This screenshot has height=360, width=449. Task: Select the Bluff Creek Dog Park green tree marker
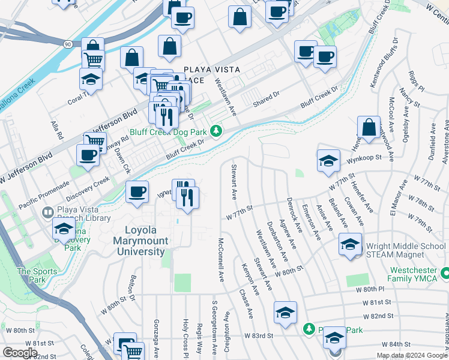click(x=220, y=131)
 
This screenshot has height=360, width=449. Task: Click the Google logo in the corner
click(x=20, y=353)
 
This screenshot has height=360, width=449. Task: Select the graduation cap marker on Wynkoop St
click(x=328, y=160)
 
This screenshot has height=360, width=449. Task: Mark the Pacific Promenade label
click(x=41, y=196)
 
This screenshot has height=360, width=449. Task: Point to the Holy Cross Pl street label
click(x=186, y=337)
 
